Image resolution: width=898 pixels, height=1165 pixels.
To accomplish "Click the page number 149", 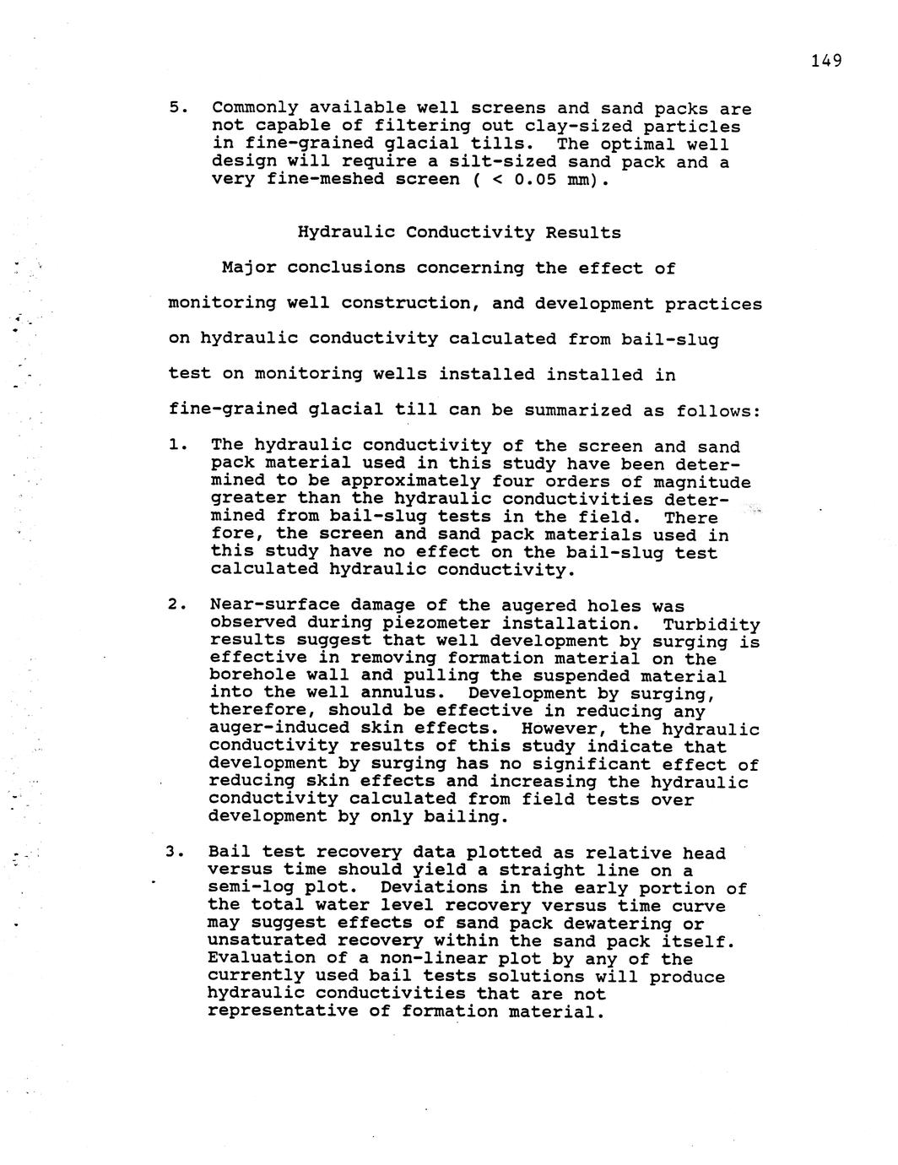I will (x=826, y=61).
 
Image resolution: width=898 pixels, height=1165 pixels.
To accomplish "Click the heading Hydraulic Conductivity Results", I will (x=459, y=232).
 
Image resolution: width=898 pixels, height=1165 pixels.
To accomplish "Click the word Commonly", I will (x=255, y=108).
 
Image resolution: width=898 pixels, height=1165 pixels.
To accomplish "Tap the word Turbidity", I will (x=711, y=625).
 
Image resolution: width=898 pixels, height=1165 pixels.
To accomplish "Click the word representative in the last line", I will (x=282, y=1011).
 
